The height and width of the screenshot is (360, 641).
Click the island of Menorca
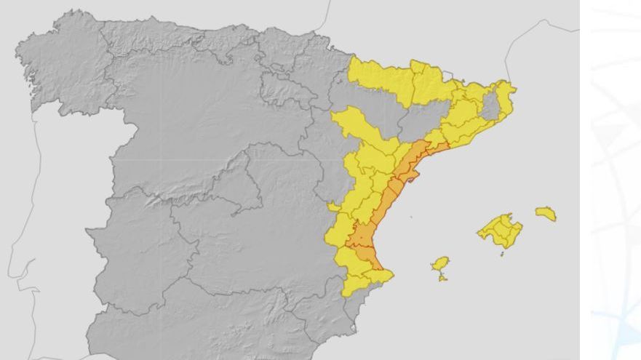coord(546,214)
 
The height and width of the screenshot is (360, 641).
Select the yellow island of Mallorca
coord(501,231)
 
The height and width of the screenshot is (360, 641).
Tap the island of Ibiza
coord(440,263)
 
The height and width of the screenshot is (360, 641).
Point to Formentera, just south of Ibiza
coord(442,277)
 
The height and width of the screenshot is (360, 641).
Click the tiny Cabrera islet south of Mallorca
coord(502,254)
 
